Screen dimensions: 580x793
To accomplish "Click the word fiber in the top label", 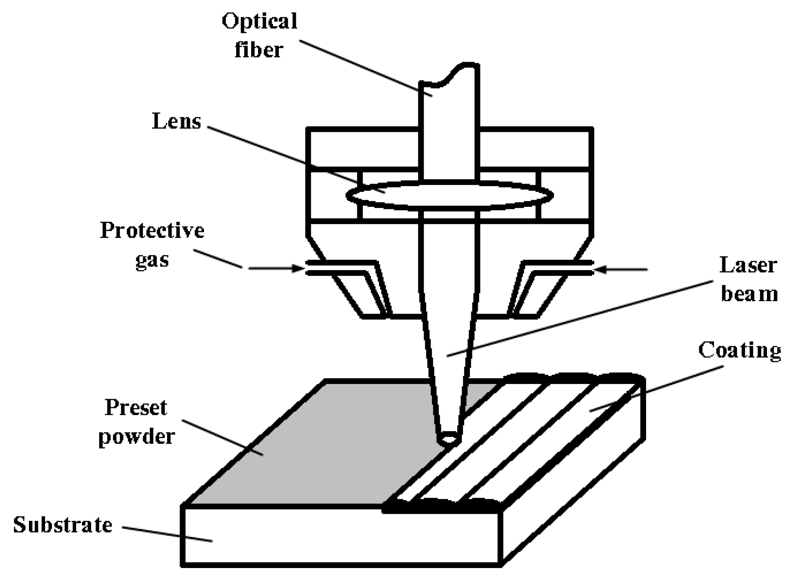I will pyautogui.click(x=259, y=50).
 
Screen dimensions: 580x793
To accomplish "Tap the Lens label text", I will pyautogui.click(x=177, y=121).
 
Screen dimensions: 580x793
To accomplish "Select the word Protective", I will pyautogui.click(x=152, y=230).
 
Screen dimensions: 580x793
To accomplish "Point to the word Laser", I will pyautogui.click(x=748, y=265).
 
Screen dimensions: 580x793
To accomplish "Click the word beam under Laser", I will pyautogui.click(x=749, y=294).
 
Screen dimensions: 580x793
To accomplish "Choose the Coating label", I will pyautogui.click(x=739, y=350).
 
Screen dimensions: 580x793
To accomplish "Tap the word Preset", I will pyautogui.click(x=136, y=407).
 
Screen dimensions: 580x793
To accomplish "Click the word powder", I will pyautogui.click(x=137, y=437).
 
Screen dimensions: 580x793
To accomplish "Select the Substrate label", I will pyautogui.click(x=63, y=525).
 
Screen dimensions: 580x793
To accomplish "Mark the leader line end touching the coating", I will pyautogui.click(x=590, y=410).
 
